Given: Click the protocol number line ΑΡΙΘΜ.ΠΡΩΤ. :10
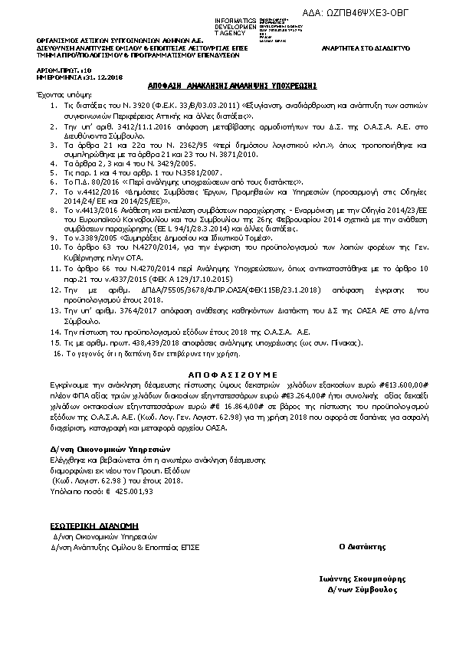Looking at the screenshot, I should (x=58, y=69).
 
